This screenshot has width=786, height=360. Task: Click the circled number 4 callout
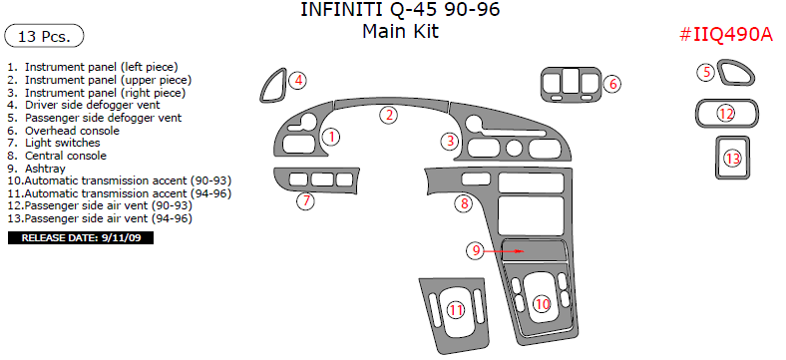(x=298, y=80)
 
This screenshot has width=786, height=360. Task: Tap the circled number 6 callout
(x=612, y=84)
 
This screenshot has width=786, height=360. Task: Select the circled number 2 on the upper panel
(x=389, y=115)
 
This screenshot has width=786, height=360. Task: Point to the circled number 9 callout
(x=478, y=251)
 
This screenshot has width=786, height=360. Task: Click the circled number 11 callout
(x=456, y=310)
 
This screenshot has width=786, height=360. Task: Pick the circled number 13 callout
(x=733, y=159)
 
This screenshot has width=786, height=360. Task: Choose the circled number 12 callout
(x=726, y=114)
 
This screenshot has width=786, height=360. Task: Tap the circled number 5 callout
(x=705, y=72)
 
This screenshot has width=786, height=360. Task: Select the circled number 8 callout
(x=464, y=204)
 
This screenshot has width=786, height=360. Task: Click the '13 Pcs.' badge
(x=44, y=37)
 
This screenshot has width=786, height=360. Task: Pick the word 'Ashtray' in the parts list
(x=46, y=169)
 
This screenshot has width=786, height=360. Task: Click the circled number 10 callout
(x=542, y=303)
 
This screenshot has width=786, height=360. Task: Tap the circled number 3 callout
(x=451, y=141)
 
